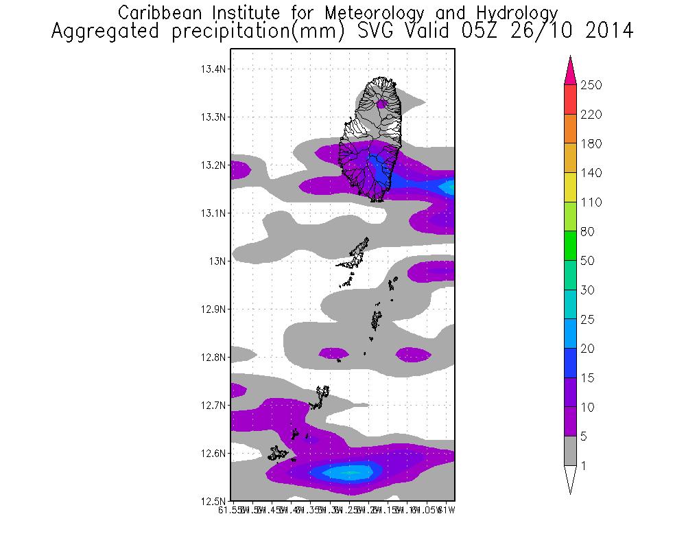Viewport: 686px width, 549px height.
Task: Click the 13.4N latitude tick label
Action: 213,69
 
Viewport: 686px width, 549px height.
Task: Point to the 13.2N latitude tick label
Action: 213,165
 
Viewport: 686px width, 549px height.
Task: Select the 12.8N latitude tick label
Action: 213,358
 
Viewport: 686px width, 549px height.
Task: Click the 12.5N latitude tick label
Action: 213,501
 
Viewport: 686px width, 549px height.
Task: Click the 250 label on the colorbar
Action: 591,85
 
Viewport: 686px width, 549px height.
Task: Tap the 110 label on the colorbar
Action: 591,202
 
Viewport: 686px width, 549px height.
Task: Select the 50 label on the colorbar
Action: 589,261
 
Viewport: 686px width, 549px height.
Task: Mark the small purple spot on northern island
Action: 382,104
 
